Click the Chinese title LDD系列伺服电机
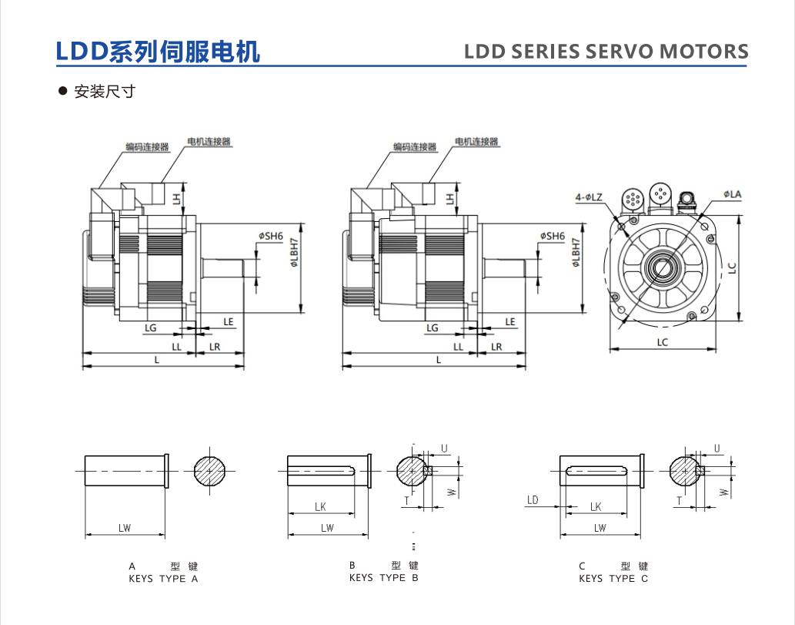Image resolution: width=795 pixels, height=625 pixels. click(x=158, y=51)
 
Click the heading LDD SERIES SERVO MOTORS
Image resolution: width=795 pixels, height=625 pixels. click(x=606, y=52)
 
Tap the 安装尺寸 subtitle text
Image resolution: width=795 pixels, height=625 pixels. click(x=105, y=92)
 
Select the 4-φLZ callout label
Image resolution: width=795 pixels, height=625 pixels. click(x=589, y=197)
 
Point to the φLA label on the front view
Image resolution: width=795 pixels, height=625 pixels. click(x=732, y=194)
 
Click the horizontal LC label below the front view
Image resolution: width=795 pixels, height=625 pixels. click(x=663, y=341)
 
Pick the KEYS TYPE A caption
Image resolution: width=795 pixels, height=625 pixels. click(x=163, y=578)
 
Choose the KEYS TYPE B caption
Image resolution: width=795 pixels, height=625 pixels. click(x=383, y=577)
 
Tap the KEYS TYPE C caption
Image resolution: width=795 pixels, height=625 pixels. click(x=613, y=578)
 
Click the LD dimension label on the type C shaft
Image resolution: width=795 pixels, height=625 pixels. click(x=533, y=500)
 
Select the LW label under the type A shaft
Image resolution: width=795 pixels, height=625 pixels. click(x=125, y=528)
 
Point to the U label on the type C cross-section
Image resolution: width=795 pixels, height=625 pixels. click(x=717, y=448)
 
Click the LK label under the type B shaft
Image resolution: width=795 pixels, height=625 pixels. click(x=320, y=506)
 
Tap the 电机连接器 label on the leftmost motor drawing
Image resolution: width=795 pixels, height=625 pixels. click(x=209, y=142)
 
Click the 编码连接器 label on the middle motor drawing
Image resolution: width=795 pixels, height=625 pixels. click(x=414, y=146)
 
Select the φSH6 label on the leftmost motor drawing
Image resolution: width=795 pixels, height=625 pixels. click(x=271, y=236)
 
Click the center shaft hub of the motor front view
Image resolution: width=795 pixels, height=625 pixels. click(x=663, y=268)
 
